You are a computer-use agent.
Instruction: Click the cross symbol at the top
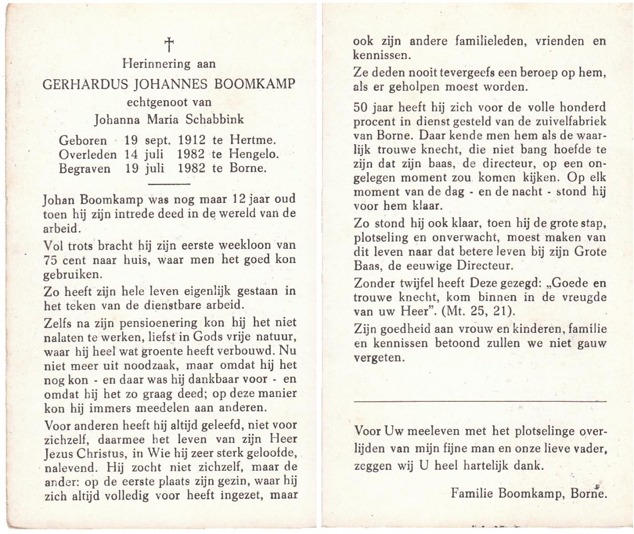pyautogui.click(x=169, y=44)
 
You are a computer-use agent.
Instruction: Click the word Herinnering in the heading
pyautogui.click(x=150, y=64)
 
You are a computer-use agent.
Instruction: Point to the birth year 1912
pyautogui.click(x=192, y=140)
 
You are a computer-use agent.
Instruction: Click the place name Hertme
pyautogui.click(x=253, y=140)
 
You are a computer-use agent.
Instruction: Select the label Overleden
pyautogui.click(x=88, y=154)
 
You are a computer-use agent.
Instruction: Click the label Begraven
pyautogui.click(x=85, y=169)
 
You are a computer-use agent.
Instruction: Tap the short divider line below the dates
pyautogui.click(x=169, y=184)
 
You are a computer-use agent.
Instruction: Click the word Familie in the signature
pyautogui.click(x=473, y=493)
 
